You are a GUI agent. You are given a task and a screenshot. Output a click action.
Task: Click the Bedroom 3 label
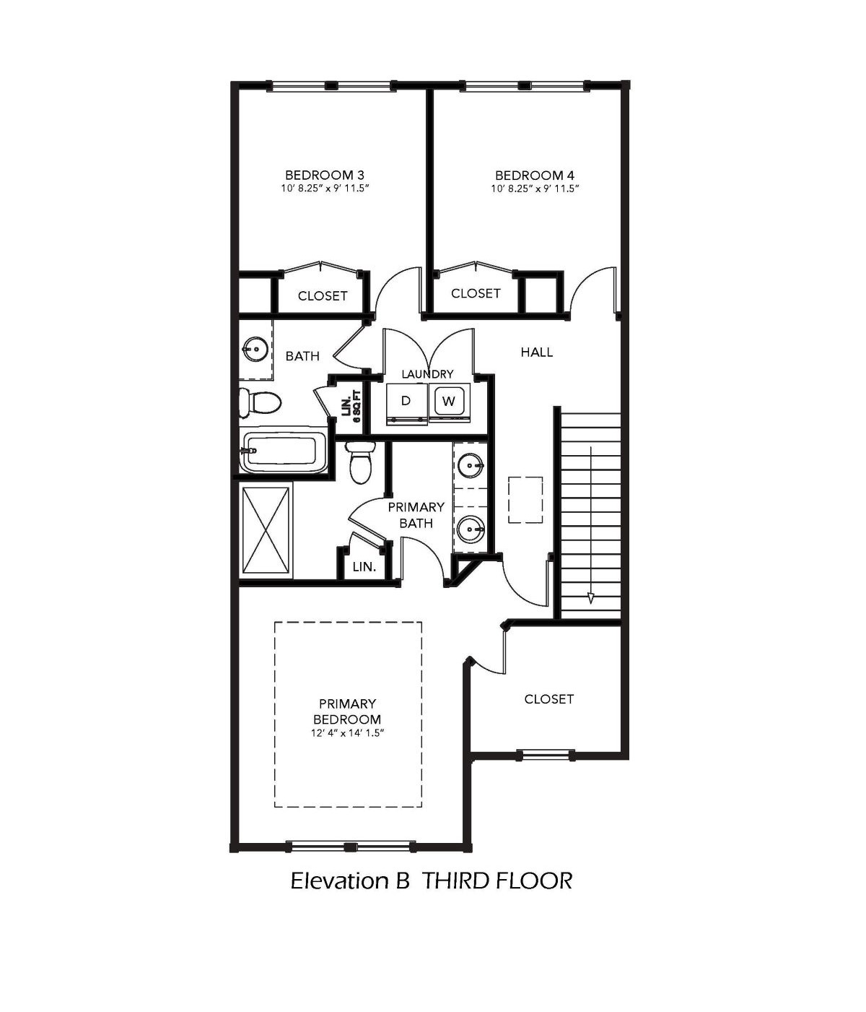click(x=324, y=175)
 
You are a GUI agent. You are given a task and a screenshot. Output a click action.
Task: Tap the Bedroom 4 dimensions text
click(x=535, y=189)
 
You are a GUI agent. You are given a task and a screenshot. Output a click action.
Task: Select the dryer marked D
click(x=406, y=404)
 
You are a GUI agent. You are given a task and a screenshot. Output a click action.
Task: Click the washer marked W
click(x=449, y=403)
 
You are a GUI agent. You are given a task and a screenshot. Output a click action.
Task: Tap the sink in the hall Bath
click(x=255, y=350)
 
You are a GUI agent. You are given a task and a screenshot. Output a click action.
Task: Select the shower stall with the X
click(x=266, y=529)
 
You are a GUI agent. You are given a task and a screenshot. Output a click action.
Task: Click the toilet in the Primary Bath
click(x=361, y=461)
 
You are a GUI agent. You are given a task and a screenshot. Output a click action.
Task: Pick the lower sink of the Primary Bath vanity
click(x=471, y=529)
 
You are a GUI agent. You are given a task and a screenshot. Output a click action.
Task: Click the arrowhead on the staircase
click(x=591, y=598)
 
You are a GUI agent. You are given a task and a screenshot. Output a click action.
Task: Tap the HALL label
click(x=537, y=352)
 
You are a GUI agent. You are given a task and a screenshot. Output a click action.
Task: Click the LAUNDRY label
click(x=428, y=374)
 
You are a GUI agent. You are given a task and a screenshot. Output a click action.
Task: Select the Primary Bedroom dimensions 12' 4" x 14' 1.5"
click(x=347, y=733)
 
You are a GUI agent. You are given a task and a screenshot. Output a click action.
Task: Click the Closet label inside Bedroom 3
click(x=323, y=295)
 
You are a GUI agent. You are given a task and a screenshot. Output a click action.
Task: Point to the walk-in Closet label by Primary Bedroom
click(x=549, y=699)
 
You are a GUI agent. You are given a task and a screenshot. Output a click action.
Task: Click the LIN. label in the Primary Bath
click(x=364, y=567)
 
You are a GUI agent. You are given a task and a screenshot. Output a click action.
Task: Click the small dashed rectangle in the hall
click(x=525, y=500)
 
